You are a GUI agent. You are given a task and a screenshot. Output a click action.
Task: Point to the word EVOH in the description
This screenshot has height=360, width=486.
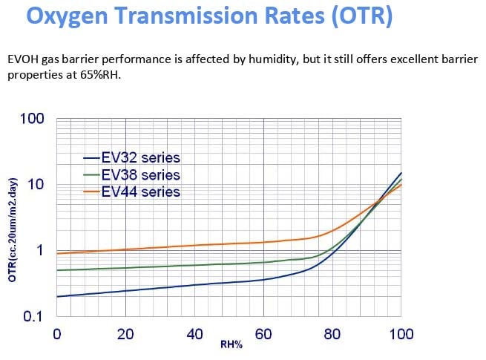click(24, 58)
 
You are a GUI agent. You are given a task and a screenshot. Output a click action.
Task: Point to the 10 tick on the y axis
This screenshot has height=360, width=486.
click(39, 184)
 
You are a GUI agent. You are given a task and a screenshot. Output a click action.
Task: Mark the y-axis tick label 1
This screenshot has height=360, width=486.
click(43, 250)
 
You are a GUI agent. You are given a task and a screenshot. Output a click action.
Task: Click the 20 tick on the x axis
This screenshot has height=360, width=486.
click(126, 334)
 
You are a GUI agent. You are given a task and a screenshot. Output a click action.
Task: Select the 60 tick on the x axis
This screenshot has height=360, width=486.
click(264, 334)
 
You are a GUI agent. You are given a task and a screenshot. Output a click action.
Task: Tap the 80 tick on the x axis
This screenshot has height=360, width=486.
click(333, 334)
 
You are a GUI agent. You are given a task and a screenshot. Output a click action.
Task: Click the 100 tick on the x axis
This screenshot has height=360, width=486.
click(401, 334)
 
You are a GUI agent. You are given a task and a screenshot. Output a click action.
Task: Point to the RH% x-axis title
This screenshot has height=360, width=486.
click(231, 345)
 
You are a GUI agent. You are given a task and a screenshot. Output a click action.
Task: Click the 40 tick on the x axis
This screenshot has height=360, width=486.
click(195, 334)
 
